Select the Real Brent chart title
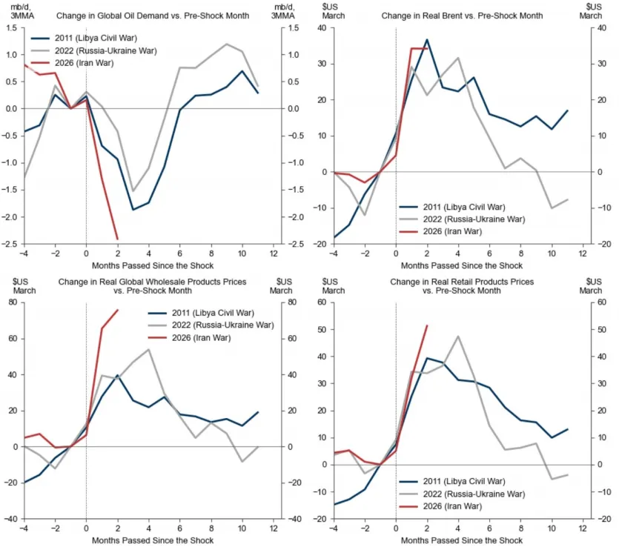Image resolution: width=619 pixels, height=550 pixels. (x=463, y=16)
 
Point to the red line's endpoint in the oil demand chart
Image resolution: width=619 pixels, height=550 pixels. (x=117, y=239)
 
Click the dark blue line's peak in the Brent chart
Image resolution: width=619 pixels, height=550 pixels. (x=427, y=40)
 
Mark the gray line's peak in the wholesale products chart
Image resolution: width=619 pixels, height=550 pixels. (x=149, y=349)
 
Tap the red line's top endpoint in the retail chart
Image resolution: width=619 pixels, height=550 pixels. (x=427, y=325)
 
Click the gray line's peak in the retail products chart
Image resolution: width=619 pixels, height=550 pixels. (x=458, y=337)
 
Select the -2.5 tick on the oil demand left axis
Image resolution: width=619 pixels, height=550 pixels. (x=12, y=244)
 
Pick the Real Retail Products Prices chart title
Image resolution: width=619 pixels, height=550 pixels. (x=463, y=287)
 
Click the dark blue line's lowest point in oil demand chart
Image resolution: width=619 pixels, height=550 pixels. (x=133, y=210)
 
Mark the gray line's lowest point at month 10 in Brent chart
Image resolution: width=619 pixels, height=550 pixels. (x=552, y=208)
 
